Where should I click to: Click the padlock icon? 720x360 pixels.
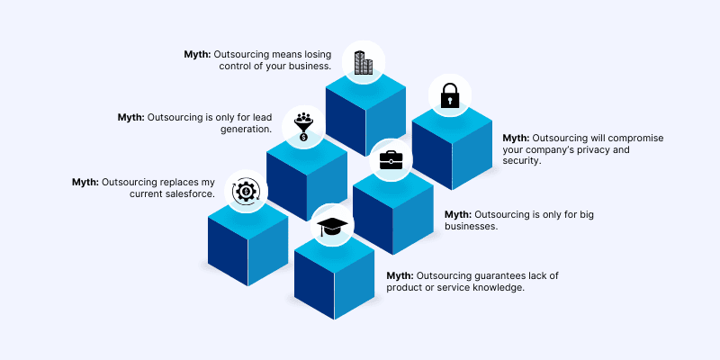(x=449, y=95)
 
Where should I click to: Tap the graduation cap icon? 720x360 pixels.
(x=332, y=226)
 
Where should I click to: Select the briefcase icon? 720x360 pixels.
(x=391, y=160)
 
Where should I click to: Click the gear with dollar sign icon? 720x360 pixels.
(x=246, y=192)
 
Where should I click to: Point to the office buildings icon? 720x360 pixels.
(x=364, y=62)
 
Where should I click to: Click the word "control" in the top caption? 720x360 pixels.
(x=234, y=66)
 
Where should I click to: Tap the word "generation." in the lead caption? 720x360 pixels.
(x=246, y=129)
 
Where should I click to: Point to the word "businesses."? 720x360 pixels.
(x=471, y=226)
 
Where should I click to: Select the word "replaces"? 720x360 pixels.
(x=179, y=183)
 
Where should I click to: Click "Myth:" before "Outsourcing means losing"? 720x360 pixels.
(x=197, y=55)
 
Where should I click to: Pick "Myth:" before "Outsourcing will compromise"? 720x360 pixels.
(x=516, y=139)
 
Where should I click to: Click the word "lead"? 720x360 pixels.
(x=263, y=117)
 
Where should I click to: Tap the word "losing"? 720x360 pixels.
(x=318, y=55)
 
